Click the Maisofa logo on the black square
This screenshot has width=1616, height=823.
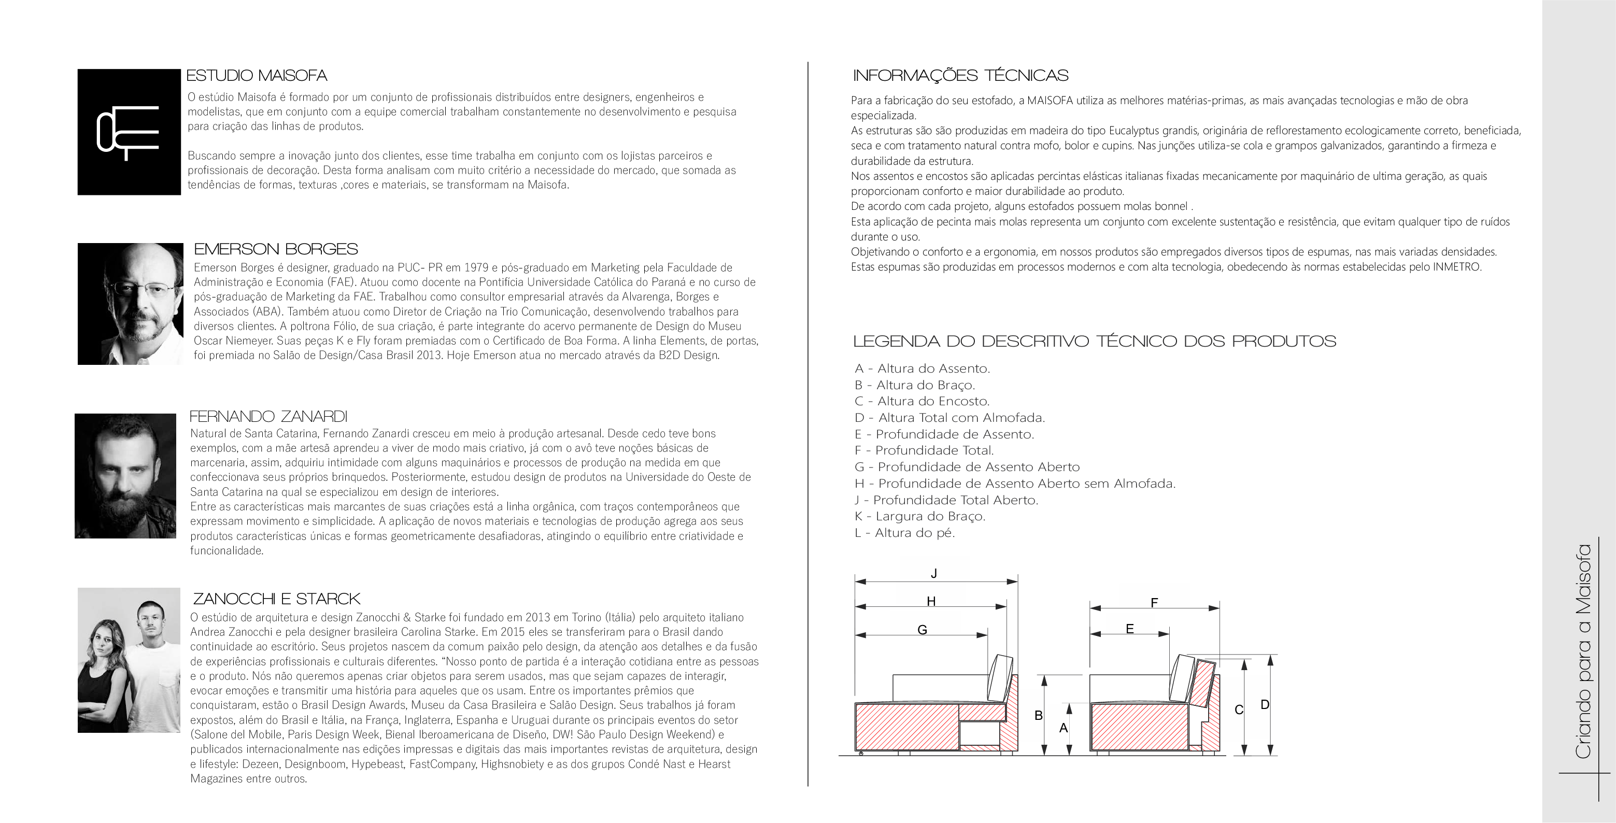(127, 132)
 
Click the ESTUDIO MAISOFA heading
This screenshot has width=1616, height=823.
(257, 76)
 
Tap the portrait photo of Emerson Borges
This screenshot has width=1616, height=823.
(130, 304)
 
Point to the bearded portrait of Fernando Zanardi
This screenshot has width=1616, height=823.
(125, 475)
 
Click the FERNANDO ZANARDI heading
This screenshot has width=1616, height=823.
(268, 417)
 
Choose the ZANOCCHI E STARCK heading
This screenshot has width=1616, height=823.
(276, 599)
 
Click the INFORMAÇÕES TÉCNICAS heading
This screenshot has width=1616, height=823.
(960, 76)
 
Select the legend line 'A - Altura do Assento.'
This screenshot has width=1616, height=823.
(922, 368)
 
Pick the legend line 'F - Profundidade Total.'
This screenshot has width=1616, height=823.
(924, 450)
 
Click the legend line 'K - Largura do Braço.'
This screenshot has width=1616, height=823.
(919, 516)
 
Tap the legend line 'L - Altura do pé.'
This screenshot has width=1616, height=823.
(904, 533)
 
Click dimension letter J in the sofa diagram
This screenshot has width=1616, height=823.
(934, 573)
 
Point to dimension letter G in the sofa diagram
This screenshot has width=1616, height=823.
(922, 630)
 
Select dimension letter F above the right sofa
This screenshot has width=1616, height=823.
(1154, 603)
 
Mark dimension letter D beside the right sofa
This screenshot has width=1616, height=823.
(1265, 704)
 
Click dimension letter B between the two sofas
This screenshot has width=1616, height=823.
(1038, 715)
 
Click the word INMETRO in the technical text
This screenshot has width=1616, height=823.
(1457, 266)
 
